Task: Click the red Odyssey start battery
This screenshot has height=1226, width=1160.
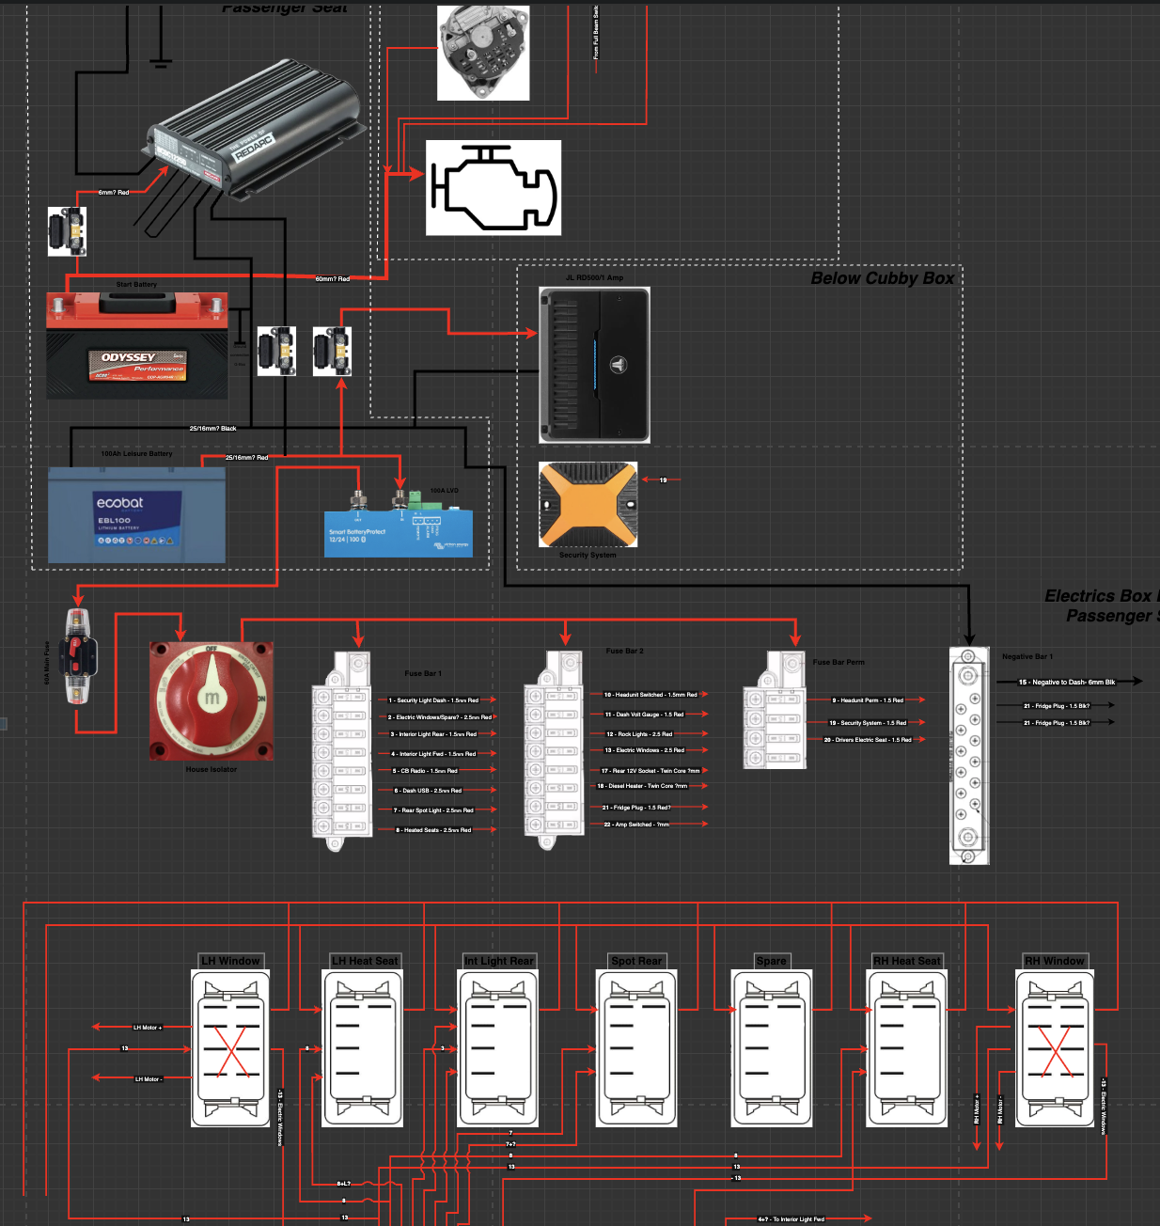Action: click(136, 344)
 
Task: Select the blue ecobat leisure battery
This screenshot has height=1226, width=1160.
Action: click(136, 515)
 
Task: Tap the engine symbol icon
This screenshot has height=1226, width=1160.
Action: click(494, 188)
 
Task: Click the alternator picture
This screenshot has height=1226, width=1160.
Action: click(483, 53)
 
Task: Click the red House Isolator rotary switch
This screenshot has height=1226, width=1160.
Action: click(212, 700)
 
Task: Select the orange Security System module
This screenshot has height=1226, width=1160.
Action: click(588, 505)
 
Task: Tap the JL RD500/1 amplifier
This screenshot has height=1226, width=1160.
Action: click(594, 365)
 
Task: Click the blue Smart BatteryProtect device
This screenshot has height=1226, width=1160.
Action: click(398, 532)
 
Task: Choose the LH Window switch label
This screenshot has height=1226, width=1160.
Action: click(230, 961)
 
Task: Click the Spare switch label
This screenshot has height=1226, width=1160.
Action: click(771, 961)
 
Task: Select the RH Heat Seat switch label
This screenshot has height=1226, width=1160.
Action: click(906, 961)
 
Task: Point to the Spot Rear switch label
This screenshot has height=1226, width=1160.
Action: click(636, 961)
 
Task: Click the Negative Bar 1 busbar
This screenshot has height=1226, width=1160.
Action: click(968, 755)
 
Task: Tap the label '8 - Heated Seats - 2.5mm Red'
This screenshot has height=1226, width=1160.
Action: click(433, 830)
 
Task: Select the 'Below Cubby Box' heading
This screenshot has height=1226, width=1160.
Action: click(882, 278)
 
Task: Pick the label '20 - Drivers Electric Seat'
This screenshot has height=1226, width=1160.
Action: click(868, 740)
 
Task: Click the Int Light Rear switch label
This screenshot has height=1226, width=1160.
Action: click(499, 961)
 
